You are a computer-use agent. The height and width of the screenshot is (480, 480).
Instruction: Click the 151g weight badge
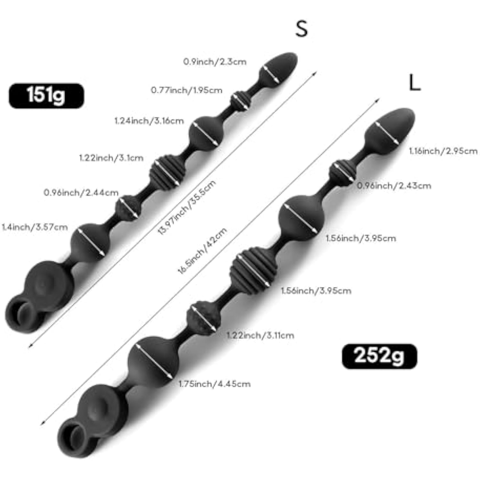pos(46,95)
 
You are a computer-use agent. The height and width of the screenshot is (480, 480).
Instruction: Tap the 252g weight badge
pos(380,356)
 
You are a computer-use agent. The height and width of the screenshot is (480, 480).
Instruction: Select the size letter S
pos(301,28)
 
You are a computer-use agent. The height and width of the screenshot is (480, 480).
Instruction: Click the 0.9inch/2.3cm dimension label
pos(215,61)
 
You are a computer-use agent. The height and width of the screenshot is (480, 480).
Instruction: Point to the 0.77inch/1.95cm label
pos(187,90)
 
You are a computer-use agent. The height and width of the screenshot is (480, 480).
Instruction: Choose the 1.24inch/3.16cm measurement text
pos(149,121)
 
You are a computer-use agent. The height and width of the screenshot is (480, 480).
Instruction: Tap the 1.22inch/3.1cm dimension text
pos(111,158)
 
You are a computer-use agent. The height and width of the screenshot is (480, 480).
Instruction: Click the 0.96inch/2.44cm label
pos(81,193)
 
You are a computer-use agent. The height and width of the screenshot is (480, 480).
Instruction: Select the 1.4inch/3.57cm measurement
pos(35,227)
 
